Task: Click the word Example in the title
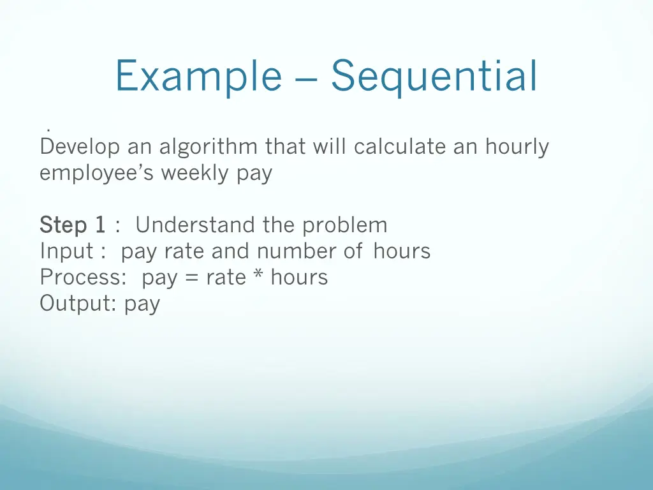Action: coord(198,77)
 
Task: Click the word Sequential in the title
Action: coord(434,77)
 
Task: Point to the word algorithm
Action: coord(209,147)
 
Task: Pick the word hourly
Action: coord(517,147)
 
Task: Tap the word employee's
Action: coord(97,174)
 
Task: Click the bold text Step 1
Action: coord(72,225)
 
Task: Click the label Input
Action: coord(66,251)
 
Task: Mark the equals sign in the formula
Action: coord(191,278)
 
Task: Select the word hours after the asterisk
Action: coord(299,277)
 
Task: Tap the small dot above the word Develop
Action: coord(48,131)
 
